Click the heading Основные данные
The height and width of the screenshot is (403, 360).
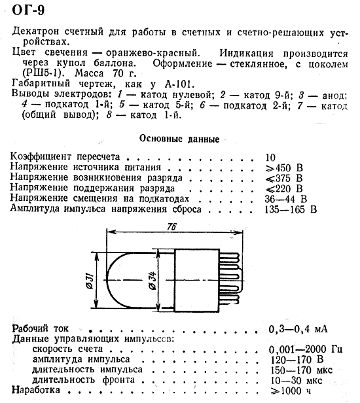(x=179, y=139)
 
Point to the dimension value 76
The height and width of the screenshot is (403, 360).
(x=171, y=227)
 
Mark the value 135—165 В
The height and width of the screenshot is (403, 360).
(x=291, y=209)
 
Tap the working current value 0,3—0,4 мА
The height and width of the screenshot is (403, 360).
(x=297, y=328)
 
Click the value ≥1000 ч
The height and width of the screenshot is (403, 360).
(x=287, y=391)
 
